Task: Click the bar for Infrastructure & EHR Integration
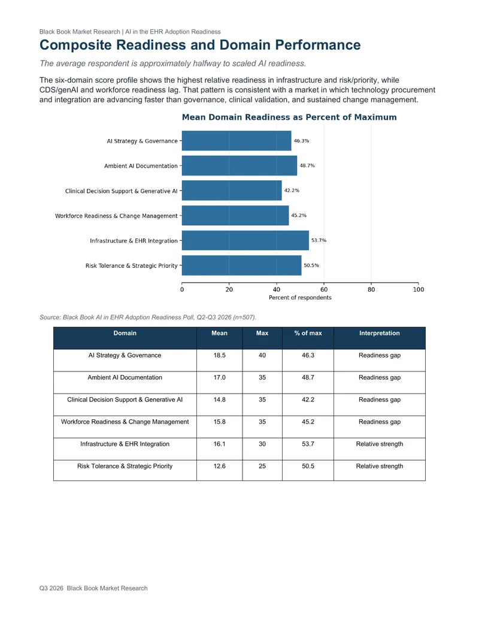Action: tap(245, 240)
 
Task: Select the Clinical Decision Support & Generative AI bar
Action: tap(232, 190)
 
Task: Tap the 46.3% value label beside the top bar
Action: tap(301, 141)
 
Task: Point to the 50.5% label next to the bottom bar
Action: tap(311, 265)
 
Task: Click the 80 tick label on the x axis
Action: tap(371, 289)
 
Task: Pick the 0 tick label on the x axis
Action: tap(182, 289)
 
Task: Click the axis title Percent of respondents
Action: tap(300, 298)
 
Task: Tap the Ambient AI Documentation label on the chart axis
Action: tap(141, 166)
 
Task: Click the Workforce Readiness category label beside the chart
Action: tap(116, 216)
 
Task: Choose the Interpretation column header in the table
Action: tap(380, 333)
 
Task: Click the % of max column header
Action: tap(308, 333)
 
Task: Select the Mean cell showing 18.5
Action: tap(219, 355)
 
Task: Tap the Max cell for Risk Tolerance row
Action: tap(262, 466)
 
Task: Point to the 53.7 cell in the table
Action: tap(308, 444)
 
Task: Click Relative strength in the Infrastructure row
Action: tap(380, 444)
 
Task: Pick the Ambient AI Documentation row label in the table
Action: tap(125, 377)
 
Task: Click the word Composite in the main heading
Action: tap(75, 45)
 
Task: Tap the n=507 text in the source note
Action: tap(244, 317)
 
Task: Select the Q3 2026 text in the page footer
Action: tap(51, 588)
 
